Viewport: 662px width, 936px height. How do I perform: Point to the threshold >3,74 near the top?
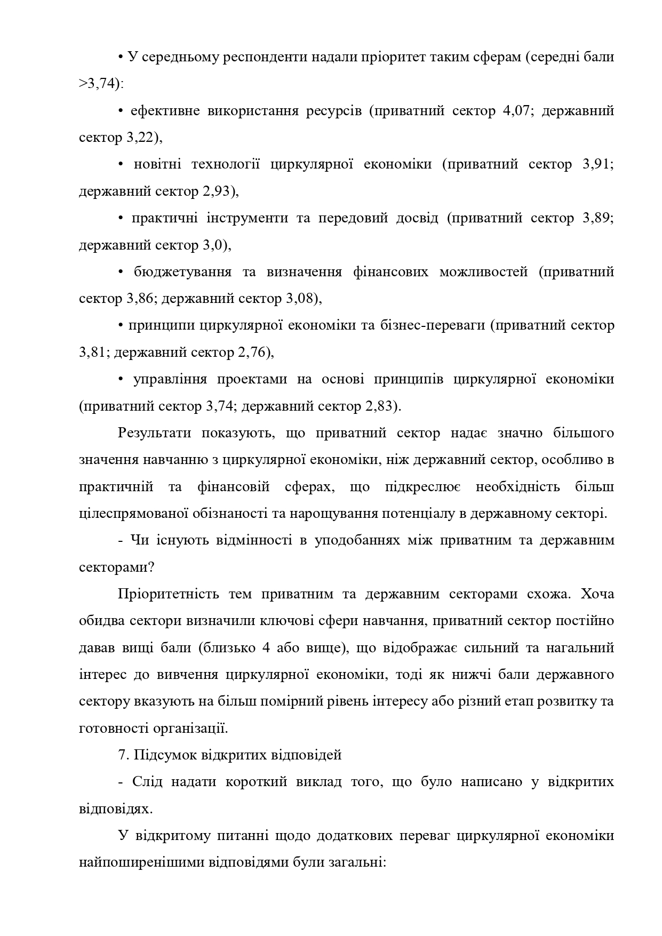click(99, 84)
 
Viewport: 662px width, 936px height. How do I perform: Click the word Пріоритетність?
click(168, 594)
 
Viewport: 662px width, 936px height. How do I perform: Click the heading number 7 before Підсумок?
click(122, 755)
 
